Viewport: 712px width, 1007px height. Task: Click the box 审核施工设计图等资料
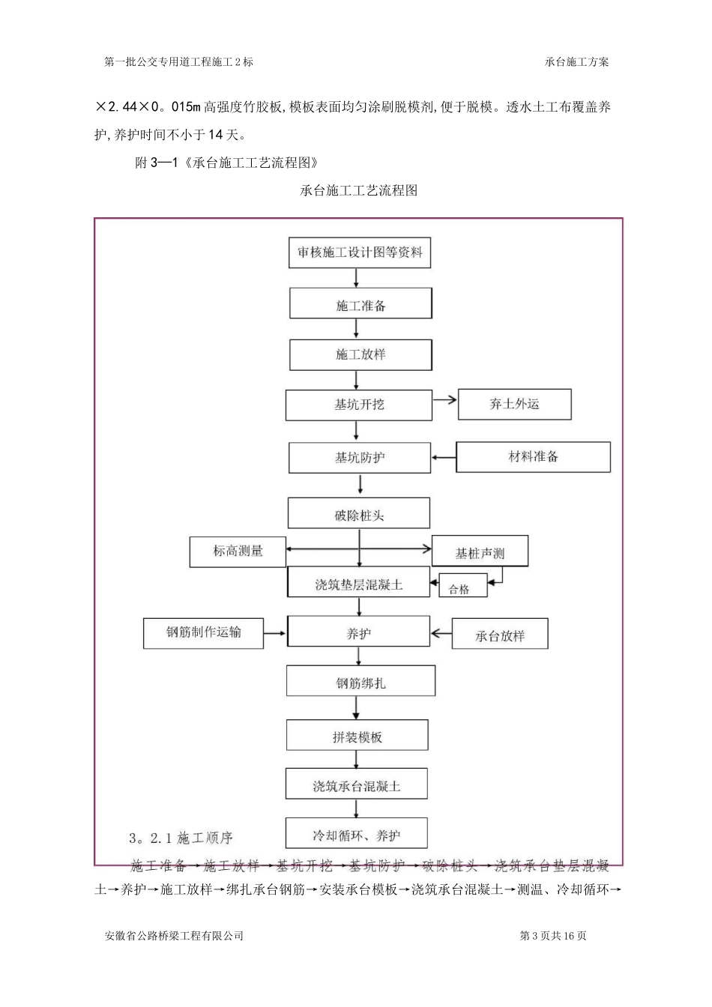click(x=360, y=252)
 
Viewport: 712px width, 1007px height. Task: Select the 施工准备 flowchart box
click(x=360, y=306)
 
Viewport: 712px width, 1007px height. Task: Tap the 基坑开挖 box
click(x=359, y=405)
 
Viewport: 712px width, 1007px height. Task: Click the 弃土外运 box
click(x=514, y=405)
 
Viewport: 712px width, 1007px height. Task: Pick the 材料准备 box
click(x=533, y=456)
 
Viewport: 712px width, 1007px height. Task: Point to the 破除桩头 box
click(x=359, y=515)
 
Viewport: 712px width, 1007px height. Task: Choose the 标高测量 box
click(x=238, y=551)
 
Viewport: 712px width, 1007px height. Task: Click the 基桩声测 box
click(x=480, y=553)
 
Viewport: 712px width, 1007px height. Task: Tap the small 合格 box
click(x=459, y=589)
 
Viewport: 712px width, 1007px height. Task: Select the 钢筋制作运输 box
click(x=203, y=632)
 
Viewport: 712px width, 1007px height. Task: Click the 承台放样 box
click(x=500, y=635)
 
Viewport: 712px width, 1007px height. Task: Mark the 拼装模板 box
click(x=357, y=737)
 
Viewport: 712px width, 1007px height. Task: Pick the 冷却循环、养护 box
click(x=356, y=835)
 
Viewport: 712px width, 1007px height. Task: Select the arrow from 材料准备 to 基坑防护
click(x=444, y=456)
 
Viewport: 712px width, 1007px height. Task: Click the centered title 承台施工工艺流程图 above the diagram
click(x=358, y=190)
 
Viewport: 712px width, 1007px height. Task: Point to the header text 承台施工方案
click(x=577, y=62)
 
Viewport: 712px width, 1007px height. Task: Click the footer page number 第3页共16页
click(x=552, y=936)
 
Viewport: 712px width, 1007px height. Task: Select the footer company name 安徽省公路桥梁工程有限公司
click(x=174, y=936)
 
